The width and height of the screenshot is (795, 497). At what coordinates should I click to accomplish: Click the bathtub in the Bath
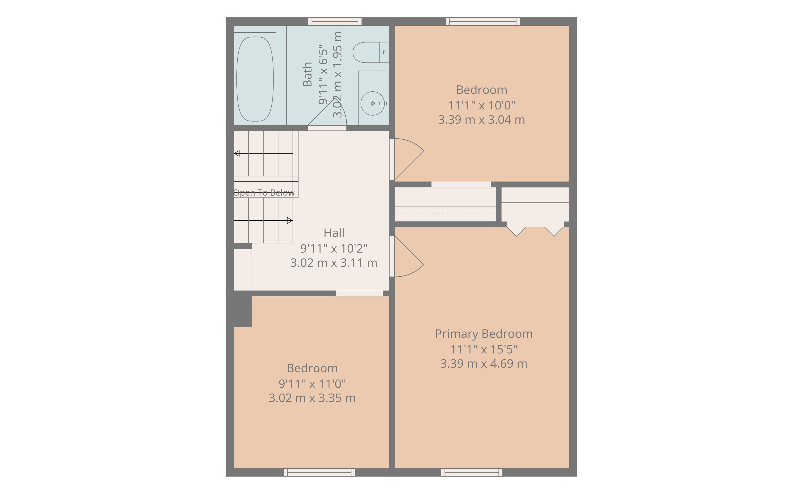[255, 79]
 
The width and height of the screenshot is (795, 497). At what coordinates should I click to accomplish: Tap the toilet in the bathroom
[371, 52]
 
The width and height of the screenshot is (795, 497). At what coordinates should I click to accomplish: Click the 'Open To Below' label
[264, 193]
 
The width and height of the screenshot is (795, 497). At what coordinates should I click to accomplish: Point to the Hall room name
[334, 233]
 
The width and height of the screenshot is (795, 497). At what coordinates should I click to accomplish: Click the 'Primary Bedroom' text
[484, 334]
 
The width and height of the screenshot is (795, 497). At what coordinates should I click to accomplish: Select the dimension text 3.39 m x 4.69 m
[484, 364]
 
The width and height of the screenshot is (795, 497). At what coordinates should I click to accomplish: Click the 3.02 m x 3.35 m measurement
[312, 398]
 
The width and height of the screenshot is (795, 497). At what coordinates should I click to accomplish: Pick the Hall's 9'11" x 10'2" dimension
[334, 248]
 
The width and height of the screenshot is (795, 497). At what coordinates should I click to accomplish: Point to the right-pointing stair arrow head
[290, 220]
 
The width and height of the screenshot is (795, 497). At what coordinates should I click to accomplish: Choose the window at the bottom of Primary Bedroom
[472, 472]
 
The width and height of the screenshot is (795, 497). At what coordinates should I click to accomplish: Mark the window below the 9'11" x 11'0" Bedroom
[319, 472]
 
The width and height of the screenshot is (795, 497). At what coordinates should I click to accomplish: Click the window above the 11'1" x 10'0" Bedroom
[483, 21]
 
